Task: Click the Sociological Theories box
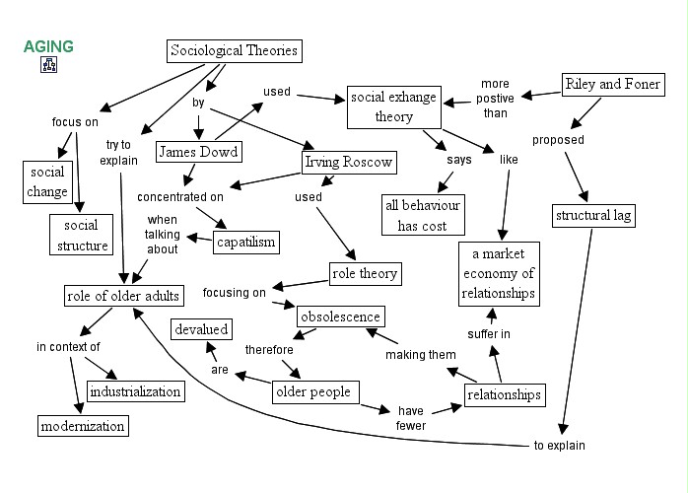pos(233,51)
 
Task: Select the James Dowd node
pos(199,152)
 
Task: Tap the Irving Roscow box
pos(347,162)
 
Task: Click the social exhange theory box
pos(393,107)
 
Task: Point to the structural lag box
pos(593,214)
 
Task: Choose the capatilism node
pos(245,242)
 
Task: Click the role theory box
pos(365,273)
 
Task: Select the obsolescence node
pos(340,317)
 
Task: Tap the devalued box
pos(201,329)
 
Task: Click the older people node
pos(312,391)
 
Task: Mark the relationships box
pos(504,395)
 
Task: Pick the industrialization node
pos(135,391)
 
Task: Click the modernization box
pos(83,426)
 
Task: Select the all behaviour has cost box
pos(422,215)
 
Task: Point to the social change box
pos(47,181)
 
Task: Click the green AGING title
pos(48,46)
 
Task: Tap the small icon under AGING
pos(48,66)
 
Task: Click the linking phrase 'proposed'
pos(558,140)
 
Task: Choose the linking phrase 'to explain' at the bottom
pos(559,446)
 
